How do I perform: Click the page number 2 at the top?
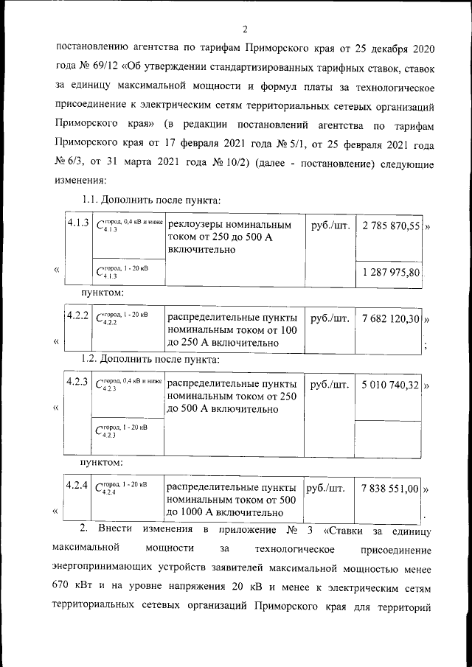244,29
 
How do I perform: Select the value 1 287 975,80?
391,273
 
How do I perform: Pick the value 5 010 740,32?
391,385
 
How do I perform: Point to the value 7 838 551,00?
391,488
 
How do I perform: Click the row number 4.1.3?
78,223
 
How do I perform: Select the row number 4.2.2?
78,316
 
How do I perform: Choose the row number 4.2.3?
78,383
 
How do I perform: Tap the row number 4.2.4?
78,486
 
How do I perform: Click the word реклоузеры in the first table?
198,225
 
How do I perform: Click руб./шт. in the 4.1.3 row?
330,224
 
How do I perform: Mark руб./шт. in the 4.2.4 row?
326,488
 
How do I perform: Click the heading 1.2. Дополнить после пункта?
151,360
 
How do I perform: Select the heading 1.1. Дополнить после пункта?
151,200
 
